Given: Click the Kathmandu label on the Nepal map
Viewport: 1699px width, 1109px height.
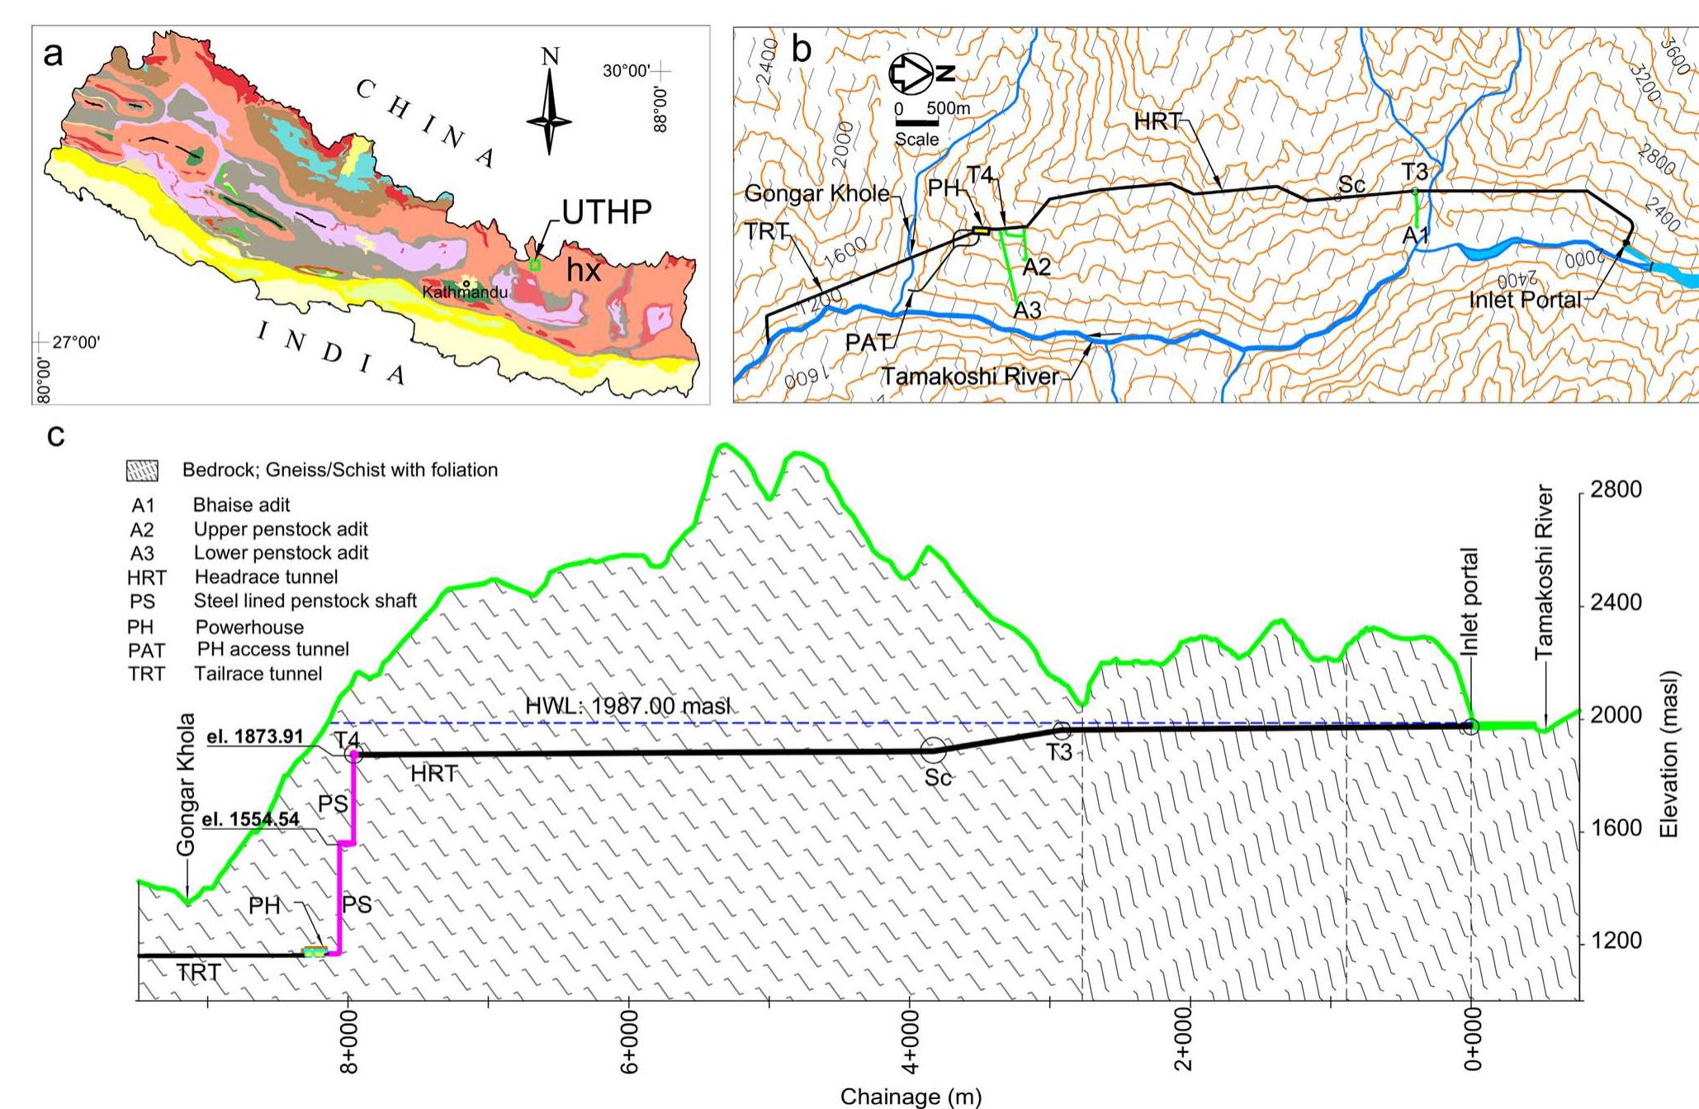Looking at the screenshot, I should point(465,292).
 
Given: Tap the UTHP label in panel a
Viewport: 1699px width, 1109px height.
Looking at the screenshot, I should point(607,213).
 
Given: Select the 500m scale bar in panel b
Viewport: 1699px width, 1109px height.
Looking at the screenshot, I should point(917,123).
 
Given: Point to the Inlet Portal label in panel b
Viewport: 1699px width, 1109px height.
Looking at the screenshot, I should point(1524,300).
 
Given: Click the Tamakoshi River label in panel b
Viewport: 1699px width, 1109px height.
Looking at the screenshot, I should point(970,377).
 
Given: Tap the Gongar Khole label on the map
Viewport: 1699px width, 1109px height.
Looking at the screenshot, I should point(816,194).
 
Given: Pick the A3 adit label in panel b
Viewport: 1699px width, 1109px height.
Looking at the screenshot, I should point(1027,310).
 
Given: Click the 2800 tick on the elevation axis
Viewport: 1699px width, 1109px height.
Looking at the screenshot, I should point(1615,490).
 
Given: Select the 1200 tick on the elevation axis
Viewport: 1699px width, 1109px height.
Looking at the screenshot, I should point(1615,941).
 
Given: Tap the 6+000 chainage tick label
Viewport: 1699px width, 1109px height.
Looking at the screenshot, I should point(629,1049).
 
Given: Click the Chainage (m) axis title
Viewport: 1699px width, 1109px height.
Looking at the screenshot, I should point(911,1097).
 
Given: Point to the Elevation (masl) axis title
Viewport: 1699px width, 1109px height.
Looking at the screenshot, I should point(1669,754).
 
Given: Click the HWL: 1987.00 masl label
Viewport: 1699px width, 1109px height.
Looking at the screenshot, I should point(627,707).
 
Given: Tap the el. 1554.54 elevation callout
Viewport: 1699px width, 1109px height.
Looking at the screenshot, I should point(251,820).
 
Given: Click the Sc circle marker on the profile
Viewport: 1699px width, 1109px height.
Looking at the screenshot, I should point(933,751).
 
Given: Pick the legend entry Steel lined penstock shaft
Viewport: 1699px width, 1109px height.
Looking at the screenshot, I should point(305,601).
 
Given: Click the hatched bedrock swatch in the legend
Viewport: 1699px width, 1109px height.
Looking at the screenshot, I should point(142,471).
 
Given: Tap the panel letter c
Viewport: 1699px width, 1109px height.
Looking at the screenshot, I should point(55,434).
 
